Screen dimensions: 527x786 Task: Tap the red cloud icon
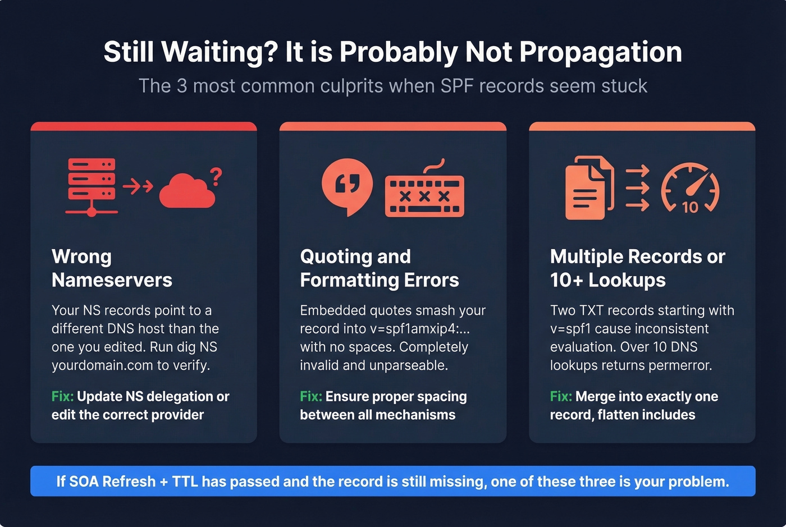186,192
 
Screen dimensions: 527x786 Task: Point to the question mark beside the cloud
216,177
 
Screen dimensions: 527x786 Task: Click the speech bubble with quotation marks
347,185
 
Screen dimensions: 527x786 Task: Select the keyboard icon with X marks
424,194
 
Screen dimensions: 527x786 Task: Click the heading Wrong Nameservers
112,268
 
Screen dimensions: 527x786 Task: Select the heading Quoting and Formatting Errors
379,268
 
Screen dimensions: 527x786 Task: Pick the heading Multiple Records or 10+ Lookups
637,268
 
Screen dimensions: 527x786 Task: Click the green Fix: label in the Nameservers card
62,397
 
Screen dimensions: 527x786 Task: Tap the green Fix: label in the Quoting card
311,397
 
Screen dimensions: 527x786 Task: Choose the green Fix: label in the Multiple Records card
561,397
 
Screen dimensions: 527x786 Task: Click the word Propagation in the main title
600,52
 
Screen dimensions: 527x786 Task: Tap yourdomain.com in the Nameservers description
102,365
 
